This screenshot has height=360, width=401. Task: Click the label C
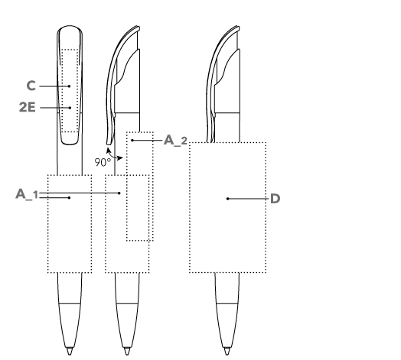click(x=31, y=86)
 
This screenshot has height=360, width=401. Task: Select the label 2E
click(x=28, y=107)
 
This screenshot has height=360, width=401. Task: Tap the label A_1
click(x=27, y=194)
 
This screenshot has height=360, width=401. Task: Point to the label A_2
click(x=175, y=141)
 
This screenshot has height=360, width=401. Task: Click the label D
click(x=275, y=199)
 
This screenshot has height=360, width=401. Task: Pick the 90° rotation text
click(x=103, y=162)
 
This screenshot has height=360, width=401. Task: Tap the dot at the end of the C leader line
click(x=69, y=86)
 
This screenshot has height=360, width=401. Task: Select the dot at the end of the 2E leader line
click(x=70, y=108)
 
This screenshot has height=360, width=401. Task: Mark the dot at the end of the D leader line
click(x=227, y=199)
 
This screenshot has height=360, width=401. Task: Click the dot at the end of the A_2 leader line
click(x=132, y=141)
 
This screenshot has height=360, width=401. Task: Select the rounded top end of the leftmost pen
click(x=70, y=26)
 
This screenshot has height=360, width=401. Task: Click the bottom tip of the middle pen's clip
click(x=109, y=144)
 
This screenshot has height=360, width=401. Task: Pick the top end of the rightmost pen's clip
click(x=237, y=27)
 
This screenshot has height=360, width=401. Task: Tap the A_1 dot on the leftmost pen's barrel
click(x=69, y=198)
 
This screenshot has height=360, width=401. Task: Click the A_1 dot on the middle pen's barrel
click(x=119, y=193)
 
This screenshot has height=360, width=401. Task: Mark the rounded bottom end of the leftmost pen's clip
click(x=70, y=144)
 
